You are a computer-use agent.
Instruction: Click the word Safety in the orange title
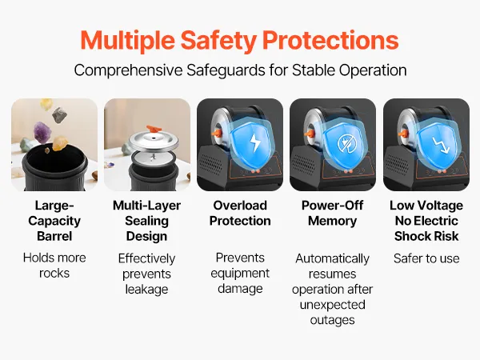218,41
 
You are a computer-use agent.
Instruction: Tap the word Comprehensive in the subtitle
128,70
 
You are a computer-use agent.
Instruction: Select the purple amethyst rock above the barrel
42,132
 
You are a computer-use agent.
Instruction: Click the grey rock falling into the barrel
59,114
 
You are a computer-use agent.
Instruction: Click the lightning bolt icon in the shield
255,142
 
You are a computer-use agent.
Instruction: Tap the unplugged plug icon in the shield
346,143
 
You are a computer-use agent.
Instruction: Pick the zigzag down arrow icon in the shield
440,144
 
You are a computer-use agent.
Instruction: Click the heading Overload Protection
240,213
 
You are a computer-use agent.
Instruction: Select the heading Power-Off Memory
333,213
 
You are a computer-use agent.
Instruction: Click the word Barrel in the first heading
54,236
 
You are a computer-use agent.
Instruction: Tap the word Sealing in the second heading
146,221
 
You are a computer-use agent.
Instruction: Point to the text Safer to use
426,258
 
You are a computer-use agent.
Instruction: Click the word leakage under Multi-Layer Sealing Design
146,290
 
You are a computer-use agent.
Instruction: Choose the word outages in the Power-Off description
333,320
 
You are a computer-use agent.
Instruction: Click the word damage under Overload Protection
240,289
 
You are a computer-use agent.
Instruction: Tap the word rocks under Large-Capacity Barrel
54,273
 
